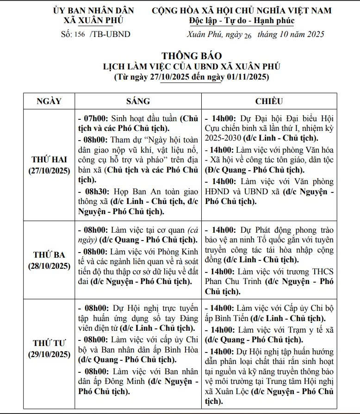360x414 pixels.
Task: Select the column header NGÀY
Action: (49, 101)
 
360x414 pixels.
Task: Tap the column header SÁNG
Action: (138, 101)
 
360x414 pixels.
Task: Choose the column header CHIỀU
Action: (269, 101)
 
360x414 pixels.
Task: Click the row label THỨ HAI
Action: (49, 160)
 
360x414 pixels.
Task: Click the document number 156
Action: (79, 35)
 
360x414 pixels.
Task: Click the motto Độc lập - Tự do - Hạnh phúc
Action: (242, 21)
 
